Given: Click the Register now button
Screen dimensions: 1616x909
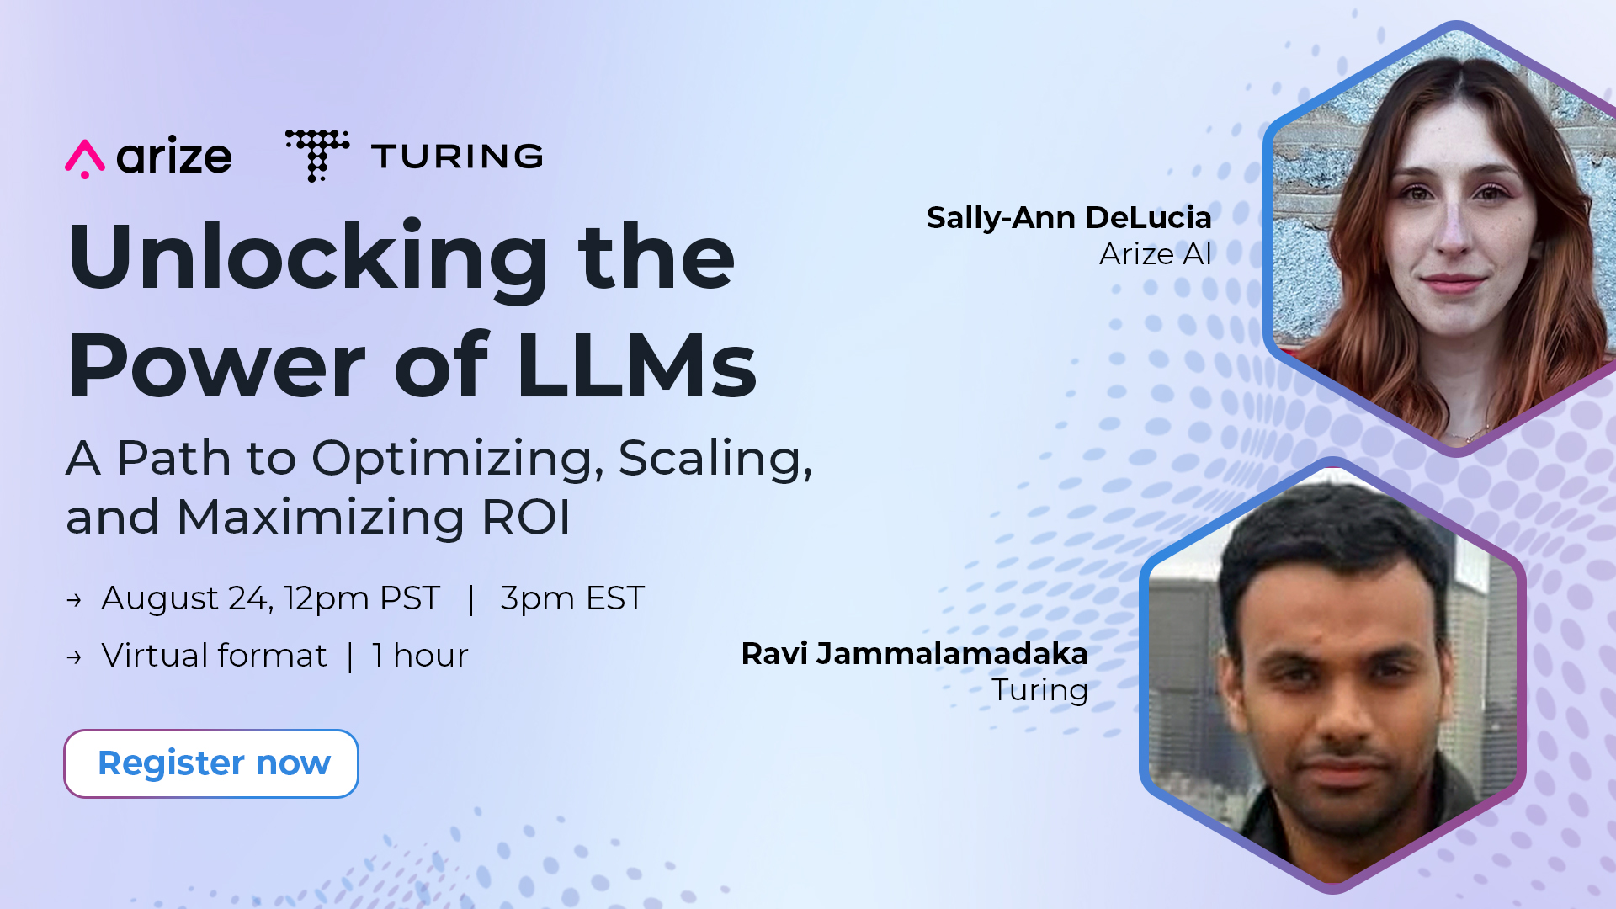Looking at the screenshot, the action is pyautogui.click(x=211, y=763).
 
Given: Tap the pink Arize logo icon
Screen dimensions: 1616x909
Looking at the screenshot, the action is pyautogui.click(x=85, y=158).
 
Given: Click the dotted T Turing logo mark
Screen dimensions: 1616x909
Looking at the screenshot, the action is pyautogui.click(x=317, y=156).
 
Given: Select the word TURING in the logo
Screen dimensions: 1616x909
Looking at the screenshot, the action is pyautogui.click(x=457, y=157).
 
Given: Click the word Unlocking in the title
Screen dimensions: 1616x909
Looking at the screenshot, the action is pyautogui.click(x=309, y=258).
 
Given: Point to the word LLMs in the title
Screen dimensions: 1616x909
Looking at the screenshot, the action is pyautogui.click(x=637, y=365).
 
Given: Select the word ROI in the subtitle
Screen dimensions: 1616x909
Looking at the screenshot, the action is pyautogui.click(x=526, y=517).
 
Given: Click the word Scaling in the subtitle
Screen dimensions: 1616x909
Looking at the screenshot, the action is pyautogui.click(x=715, y=460).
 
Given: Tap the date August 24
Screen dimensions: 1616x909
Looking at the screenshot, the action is pyautogui.click(x=185, y=598).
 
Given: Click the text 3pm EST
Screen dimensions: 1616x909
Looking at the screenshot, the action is pyautogui.click(x=572, y=598).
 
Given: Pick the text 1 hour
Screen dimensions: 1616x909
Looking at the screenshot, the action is pyautogui.click(x=420, y=656).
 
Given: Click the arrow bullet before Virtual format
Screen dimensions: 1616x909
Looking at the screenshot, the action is pyautogui.click(x=74, y=657).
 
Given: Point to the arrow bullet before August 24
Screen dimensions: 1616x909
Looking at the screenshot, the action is pyautogui.click(x=74, y=600).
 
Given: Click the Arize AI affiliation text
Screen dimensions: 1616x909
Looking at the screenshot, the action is pyautogui.click(x=1156, y=254).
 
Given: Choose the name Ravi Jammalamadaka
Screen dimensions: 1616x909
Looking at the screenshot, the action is pyautogui.click(x=915, y=654).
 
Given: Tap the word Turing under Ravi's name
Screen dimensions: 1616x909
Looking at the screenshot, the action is pyautogui.click(x=1040, y=691).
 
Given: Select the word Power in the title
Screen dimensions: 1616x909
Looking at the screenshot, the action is pyautogui.click(x=217, y=365).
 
